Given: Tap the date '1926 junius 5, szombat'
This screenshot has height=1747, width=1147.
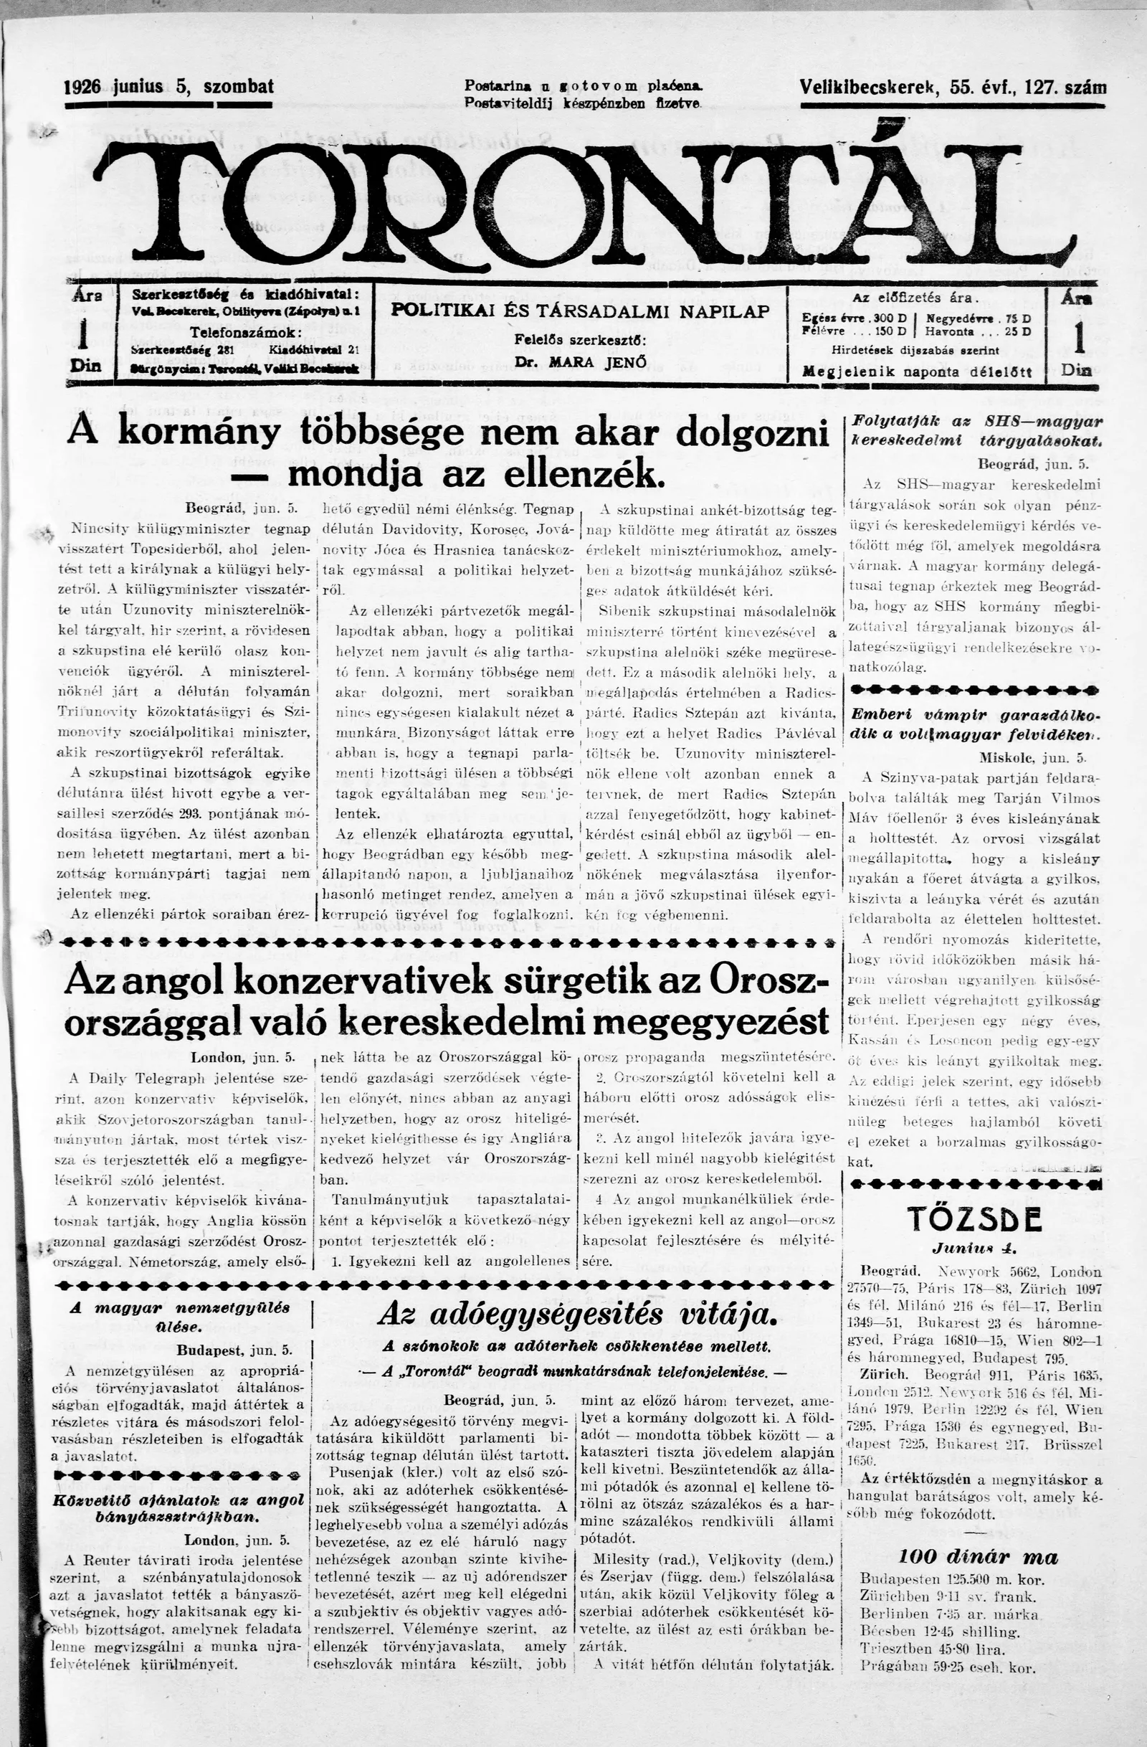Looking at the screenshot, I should pos(168,87).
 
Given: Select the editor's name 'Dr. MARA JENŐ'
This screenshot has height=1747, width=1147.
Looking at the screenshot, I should pos(580,361).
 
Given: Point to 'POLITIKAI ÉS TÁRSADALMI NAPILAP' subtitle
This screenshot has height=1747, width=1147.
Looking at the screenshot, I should pos(580,311).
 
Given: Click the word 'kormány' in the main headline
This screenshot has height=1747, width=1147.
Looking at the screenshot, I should pos(199,433).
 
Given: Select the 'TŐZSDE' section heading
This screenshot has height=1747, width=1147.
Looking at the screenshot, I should pos(974,1219).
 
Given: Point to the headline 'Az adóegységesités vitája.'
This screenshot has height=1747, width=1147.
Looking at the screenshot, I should pos(576,1315).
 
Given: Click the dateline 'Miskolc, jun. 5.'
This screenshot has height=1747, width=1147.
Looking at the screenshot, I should pos(1032,757).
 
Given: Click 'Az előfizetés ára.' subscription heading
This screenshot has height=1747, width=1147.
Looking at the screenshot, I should pos(915,298).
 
